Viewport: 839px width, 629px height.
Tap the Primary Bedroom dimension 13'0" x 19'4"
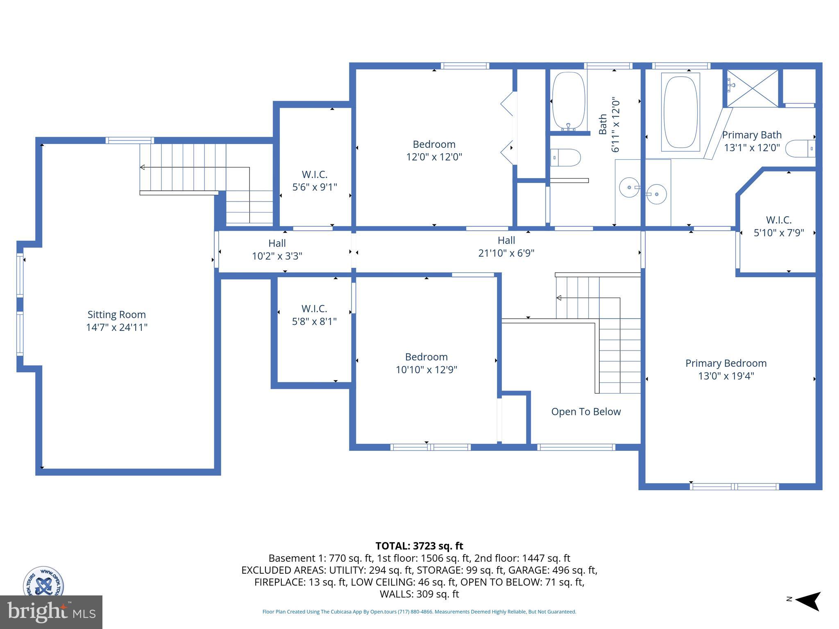coord(726,376)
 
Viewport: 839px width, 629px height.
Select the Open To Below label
coord(586,412)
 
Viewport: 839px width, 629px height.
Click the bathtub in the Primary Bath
coord(680,112)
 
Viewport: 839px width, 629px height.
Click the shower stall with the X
coord(753,88)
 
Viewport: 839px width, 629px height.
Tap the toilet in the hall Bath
coord(565,158)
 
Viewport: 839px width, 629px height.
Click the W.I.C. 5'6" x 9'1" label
coord(315,181)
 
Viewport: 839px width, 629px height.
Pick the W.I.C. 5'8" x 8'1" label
coord(314,315)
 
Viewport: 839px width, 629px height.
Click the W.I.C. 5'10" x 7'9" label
coord(779,226)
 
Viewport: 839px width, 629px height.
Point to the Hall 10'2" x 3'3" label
coord(277,249)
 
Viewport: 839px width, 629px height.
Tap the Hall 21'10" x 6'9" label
coord(506,247)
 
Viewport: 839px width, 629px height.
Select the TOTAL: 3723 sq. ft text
coord(419,546)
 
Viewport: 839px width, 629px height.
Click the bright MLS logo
coord(51,612)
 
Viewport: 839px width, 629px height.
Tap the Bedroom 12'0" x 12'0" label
coord(434,150)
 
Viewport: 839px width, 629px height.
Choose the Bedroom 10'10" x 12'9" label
coord(426,363)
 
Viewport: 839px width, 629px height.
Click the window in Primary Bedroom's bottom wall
coord(734,486)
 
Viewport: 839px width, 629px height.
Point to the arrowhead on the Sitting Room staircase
coord(143,167)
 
